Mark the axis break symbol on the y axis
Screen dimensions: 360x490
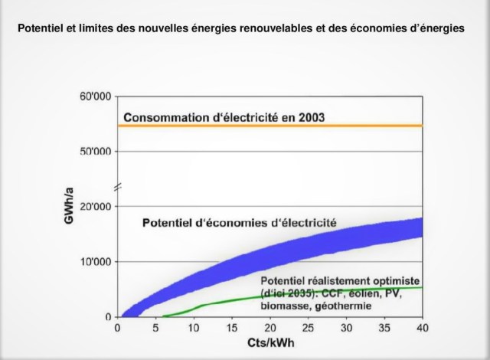pyautogui.click(x=116, y=186)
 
